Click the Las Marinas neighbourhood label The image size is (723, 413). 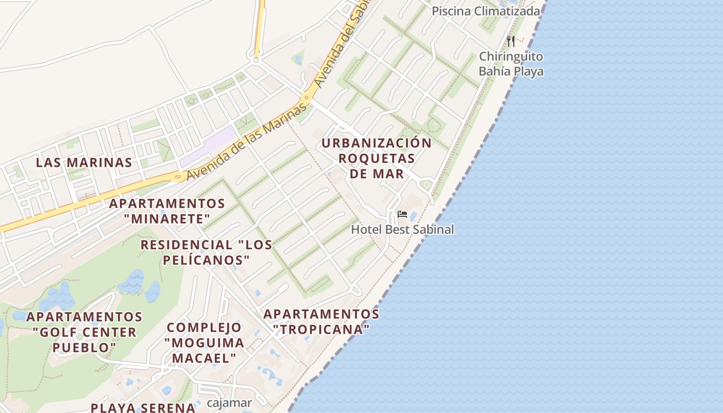point(84,163)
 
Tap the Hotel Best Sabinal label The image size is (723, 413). point(403,229)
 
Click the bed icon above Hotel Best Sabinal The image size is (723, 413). point(402,214)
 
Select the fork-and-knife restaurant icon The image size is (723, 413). point(511,41)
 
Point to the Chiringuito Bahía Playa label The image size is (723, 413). point(511,64)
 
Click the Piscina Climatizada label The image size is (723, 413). point(485,11)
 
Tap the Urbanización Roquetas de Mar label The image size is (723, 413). point(376,158)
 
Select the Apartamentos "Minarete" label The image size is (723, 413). point(167,211)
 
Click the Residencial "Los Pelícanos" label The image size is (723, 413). point(207,252)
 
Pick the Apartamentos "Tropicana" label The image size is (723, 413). point(321,321)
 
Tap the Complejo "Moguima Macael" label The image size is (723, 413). point(204,342)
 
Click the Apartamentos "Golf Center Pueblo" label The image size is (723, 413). point(84,331)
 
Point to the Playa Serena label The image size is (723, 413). point(143,407)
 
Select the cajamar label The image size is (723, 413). point(229,403)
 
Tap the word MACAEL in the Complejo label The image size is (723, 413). point(204,358)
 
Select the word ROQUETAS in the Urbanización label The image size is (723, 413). point(376,158)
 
